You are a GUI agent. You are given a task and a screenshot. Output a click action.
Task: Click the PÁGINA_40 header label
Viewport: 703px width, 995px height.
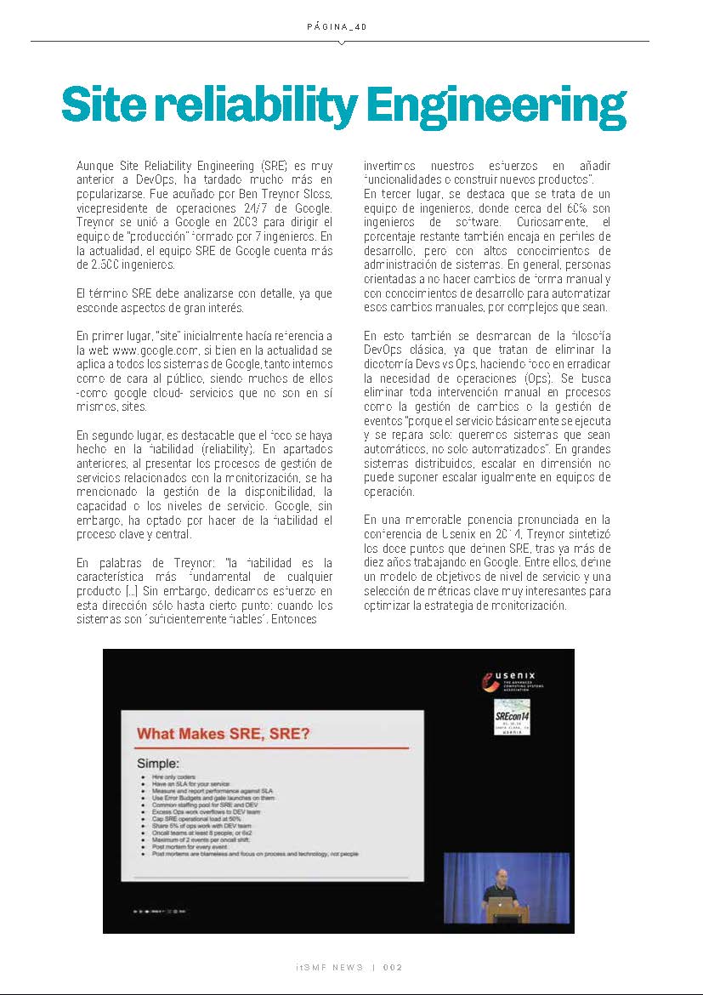point(337,27)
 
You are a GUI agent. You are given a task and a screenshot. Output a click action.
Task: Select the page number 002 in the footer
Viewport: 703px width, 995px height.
point(393,968)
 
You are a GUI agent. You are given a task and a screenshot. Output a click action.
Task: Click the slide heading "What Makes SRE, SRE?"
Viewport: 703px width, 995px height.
point(224,734)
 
